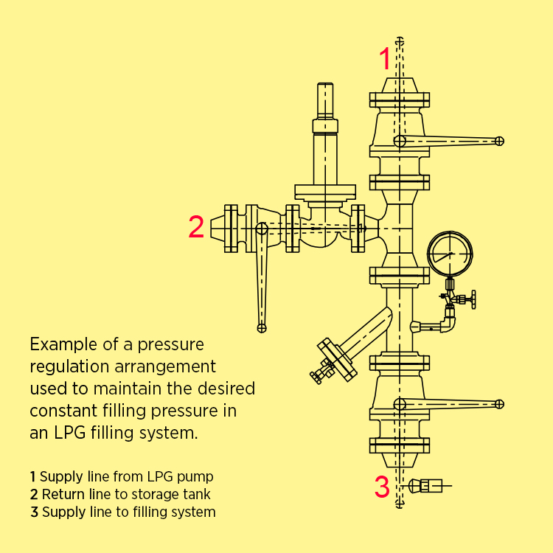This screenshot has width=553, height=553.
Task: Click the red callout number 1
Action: point(385,58)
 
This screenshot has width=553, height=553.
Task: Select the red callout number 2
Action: point(196,227)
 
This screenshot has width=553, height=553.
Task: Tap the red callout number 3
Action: point(381,487)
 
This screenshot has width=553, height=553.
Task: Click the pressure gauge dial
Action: point(449,254)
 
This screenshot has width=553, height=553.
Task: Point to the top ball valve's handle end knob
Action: point(499,141)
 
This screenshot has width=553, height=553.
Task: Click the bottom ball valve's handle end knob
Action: point(499,403)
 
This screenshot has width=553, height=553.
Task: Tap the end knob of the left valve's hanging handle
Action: point(260,327)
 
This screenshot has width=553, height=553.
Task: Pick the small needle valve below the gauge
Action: point(462,299)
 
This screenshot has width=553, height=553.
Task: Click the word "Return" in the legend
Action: point(62,494)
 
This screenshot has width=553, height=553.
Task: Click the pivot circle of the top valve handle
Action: point(399,141)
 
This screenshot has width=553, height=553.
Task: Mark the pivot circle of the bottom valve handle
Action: point(399,404)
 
